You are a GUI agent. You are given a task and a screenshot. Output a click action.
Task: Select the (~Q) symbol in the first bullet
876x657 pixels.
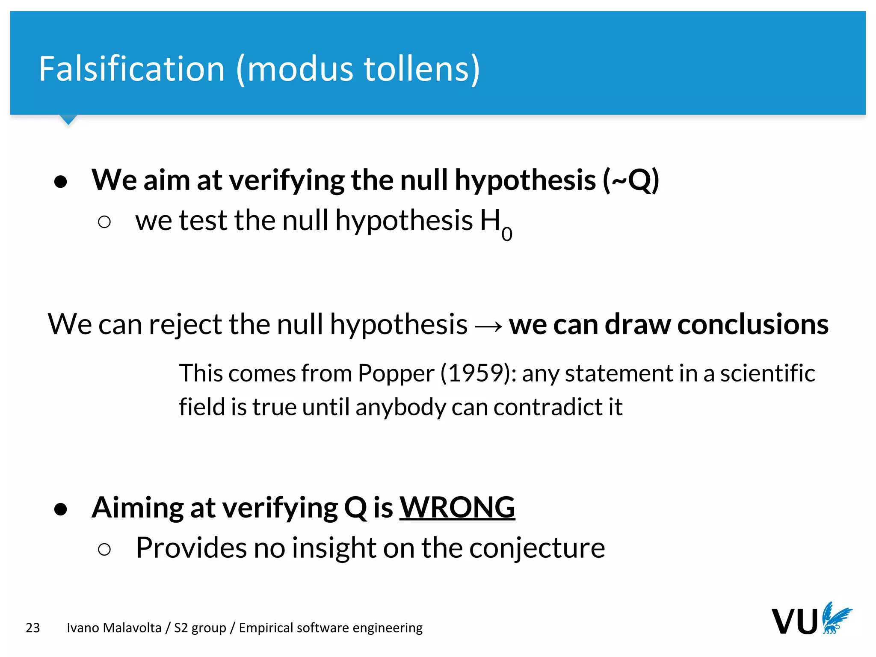coord(631,180)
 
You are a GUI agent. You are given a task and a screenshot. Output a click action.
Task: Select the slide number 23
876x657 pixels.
coord(33,628)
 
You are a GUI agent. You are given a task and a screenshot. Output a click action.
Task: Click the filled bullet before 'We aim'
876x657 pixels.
coord(61,182)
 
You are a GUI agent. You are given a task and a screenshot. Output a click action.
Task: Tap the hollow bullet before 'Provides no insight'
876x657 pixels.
coord(104,549)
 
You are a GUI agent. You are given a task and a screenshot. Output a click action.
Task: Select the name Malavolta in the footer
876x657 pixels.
coord(133,628)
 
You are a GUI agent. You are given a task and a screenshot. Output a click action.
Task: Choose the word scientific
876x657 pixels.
coord(767,373)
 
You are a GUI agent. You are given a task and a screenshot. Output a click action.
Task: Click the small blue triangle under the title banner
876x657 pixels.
coord(68,119)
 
